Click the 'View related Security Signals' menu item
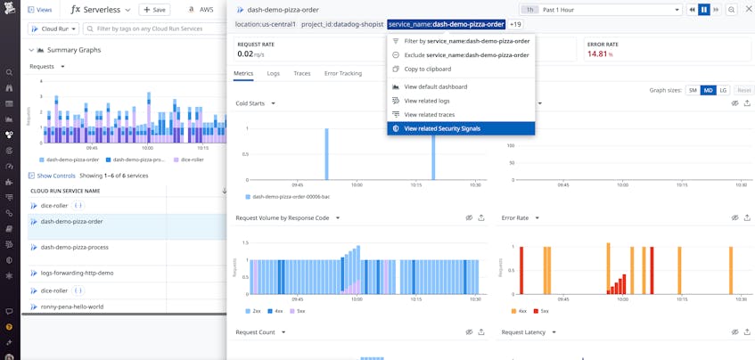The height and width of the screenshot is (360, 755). coord(442,128)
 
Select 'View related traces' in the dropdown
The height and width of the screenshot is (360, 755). coord(429,115)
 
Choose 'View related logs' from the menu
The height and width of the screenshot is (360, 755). coord(426,101)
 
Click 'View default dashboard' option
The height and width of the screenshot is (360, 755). coord(435,87)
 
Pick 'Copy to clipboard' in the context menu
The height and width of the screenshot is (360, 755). coord(427,69)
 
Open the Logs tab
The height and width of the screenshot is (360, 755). coord(274,73)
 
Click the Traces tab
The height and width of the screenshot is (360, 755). coord(302,73)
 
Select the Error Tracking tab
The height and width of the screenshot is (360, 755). coord(343,73)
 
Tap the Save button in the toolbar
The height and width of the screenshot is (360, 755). coord(154,10)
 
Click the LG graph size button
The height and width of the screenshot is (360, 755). coord(723,90)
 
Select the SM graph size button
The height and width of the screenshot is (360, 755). coord(693,90)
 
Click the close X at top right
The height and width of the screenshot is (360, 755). coord(749,10)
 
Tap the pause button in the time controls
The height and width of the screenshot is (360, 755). coord(704,10)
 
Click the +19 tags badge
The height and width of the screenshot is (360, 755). coord(515,24)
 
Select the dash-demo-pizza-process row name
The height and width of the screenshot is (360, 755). coord(74,247)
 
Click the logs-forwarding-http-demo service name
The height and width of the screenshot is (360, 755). coord(77,273)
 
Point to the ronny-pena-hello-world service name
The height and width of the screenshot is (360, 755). coord(71,307)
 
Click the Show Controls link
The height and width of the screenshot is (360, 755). coord(55,176)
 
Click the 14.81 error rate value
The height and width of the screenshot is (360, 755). coord(599,54)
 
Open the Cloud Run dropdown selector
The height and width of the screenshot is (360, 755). coord(53,29)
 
